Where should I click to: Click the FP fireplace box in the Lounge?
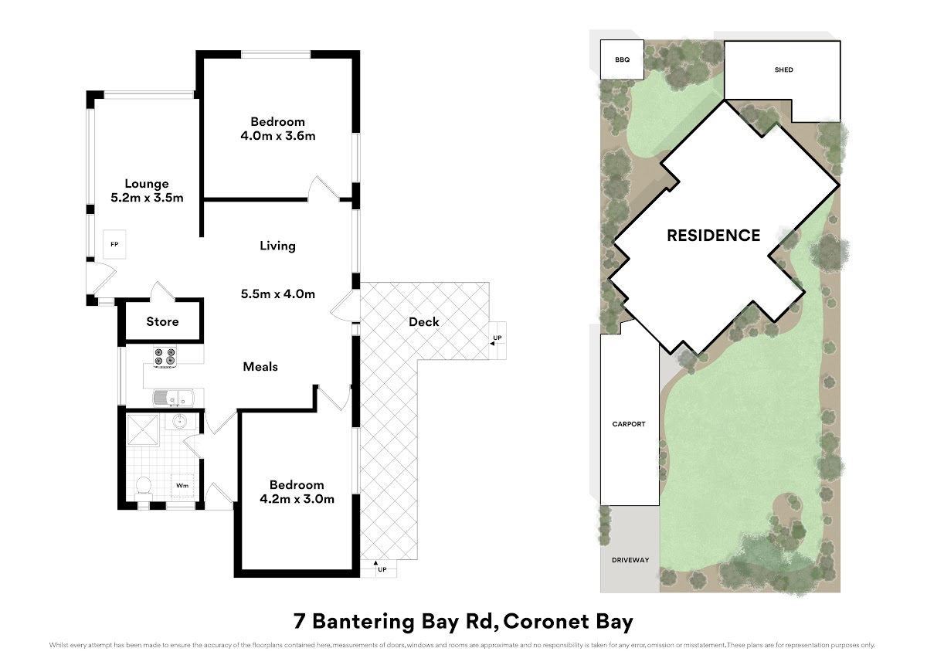(x=114, y=244)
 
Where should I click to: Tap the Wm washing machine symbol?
(x=182, y=485)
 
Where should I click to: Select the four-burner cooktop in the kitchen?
(x=165, y=358)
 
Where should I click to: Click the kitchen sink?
(x=173, y=398)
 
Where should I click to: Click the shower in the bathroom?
(x=142, y=430)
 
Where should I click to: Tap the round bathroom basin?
(x=181, y=422)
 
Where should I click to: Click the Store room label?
(x=163, y=321)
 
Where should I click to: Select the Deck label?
(x=424, y=322)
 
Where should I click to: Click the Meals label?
(x=260, y=367)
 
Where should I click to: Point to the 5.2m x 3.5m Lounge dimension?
(x=147, y=198)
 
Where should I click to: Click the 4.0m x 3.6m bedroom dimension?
(x=278, y=136)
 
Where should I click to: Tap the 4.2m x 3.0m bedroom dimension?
(x=297, y=499)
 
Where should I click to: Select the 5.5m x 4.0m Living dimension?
(x=278, y=294)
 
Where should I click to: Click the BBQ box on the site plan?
(x=622, y=59)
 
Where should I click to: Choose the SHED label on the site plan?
(x=784, y=70)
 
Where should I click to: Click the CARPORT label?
(x=629, y=424)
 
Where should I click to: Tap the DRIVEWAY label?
(x=630, y=560)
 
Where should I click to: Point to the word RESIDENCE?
(x=714, y=236)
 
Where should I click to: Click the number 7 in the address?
(x=299, y=622)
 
